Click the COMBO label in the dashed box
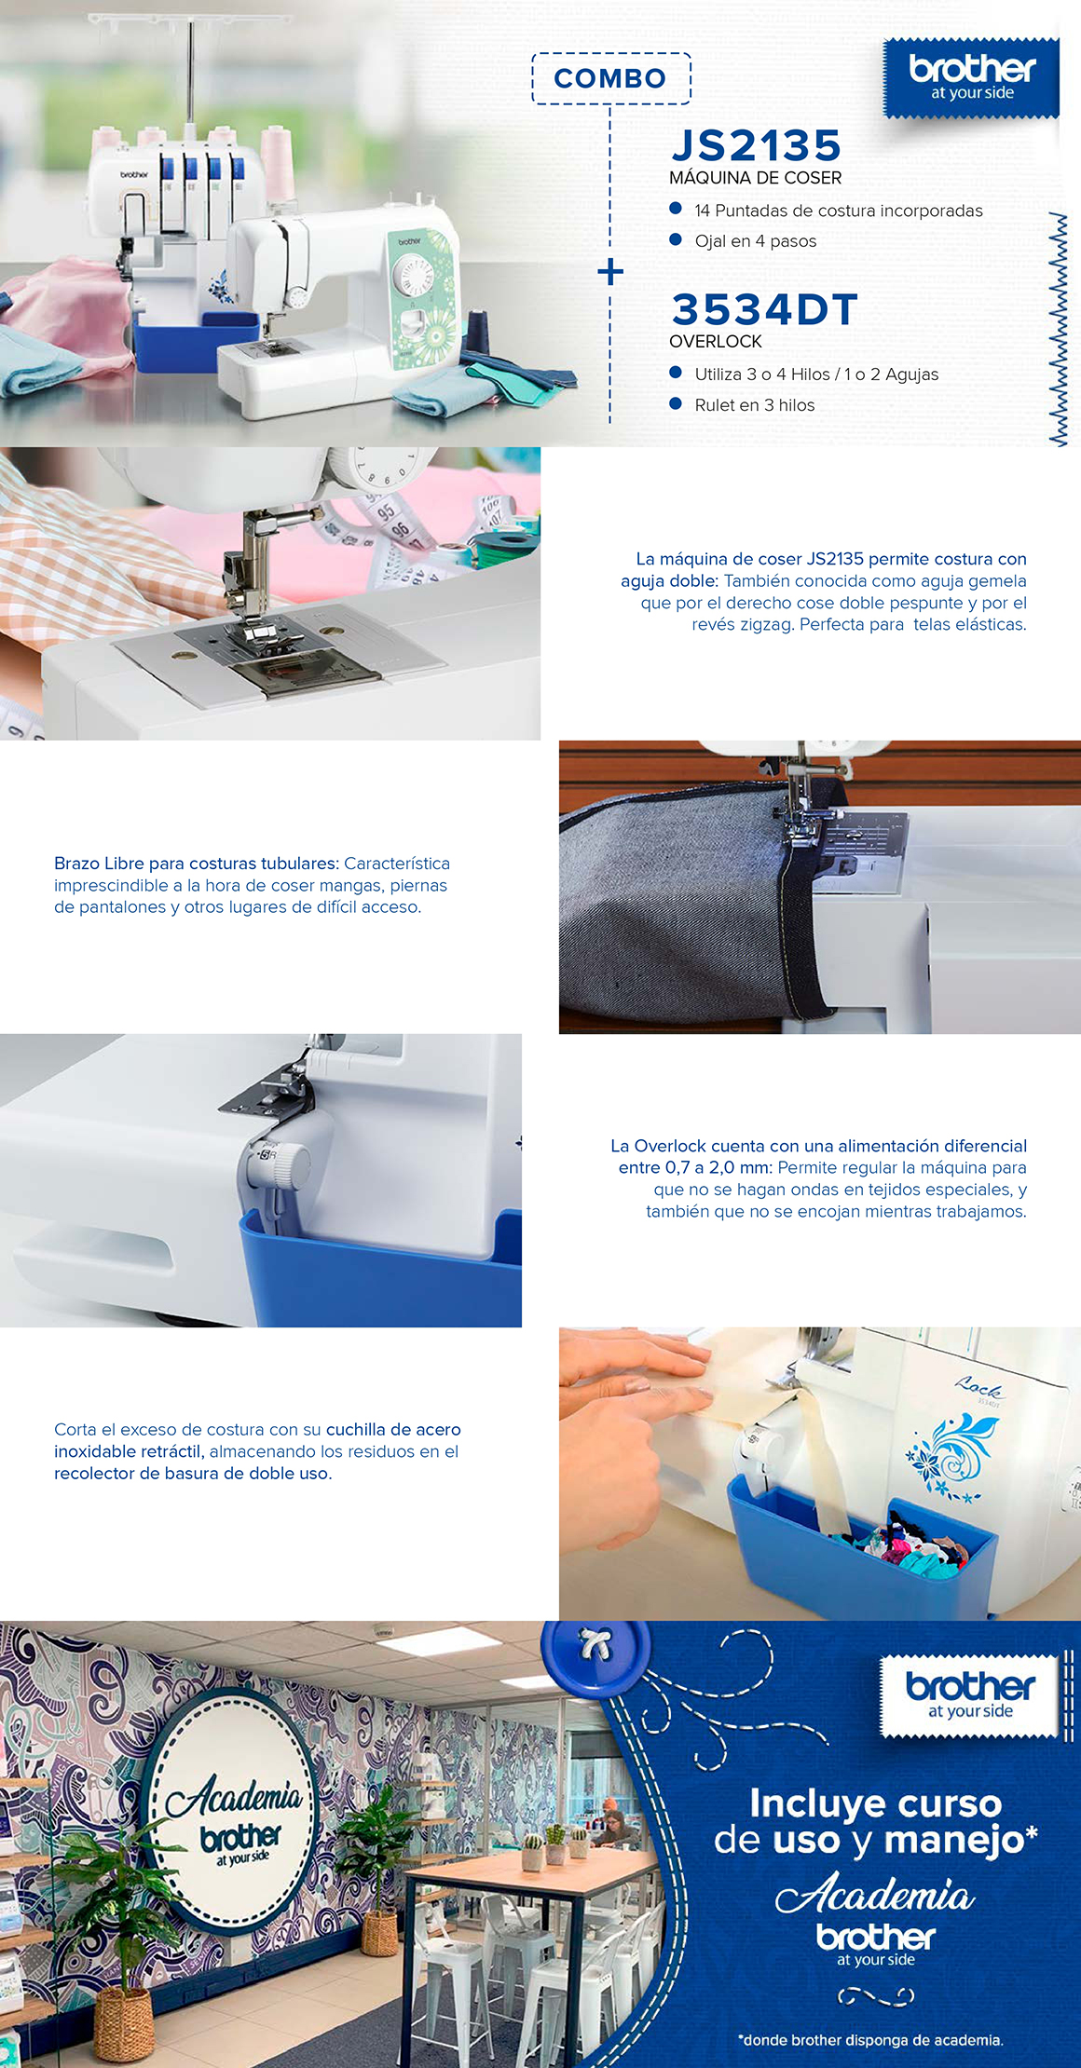610,78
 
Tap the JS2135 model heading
756,145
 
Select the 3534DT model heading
764,310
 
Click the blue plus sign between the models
610,272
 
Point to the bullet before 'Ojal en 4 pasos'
676,240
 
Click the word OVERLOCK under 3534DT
716,342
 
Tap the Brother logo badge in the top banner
971,78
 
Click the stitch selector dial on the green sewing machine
410,277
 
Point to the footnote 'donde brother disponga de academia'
870,2040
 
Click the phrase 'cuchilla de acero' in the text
393,1429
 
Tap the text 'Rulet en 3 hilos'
755,405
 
